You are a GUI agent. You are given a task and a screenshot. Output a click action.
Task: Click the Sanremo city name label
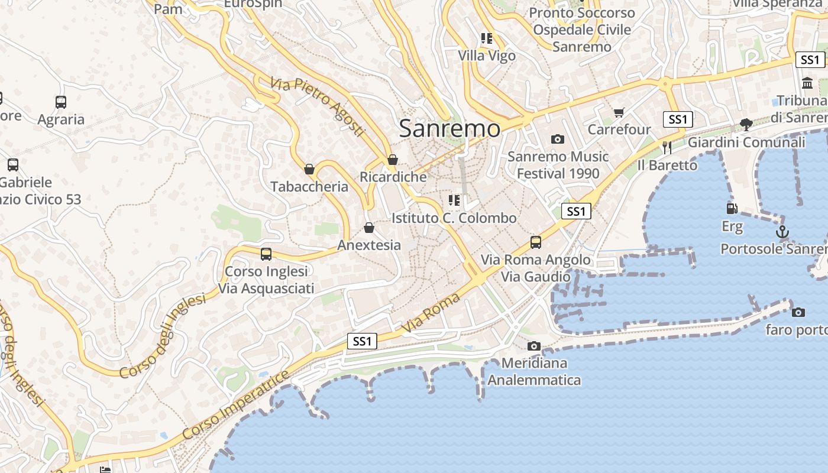[449, 128]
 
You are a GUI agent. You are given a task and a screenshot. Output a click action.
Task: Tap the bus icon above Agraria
[61, 102]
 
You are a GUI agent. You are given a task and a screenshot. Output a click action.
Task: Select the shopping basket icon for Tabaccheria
[309, 170]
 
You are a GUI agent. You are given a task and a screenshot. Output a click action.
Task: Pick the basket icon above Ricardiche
[393, 160]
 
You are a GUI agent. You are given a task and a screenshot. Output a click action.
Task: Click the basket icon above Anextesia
[369, 228]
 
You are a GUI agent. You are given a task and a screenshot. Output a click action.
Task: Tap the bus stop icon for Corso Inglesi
[266, 254]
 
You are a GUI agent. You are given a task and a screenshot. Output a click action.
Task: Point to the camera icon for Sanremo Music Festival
[557, 140]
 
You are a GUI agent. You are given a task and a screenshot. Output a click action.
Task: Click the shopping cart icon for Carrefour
[619, 112]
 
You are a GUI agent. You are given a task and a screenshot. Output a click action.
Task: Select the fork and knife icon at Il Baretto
[667, 147]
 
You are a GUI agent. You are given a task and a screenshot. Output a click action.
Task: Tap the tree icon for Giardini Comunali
[746, 125]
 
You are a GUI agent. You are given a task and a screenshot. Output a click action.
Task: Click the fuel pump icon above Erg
[732, 209]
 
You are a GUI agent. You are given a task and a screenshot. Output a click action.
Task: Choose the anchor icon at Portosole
[782, 232]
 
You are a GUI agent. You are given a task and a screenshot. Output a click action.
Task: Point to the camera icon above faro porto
[798, 312]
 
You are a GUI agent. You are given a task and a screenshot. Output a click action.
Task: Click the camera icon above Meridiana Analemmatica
[534, 346]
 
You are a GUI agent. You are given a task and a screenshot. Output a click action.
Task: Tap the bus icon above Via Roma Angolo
[536, 242]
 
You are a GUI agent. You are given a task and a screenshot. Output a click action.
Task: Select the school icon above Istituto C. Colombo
[454, 200]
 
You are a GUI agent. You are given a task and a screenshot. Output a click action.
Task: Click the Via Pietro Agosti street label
[317, 107]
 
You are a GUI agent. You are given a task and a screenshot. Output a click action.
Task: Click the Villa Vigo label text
[487, 56]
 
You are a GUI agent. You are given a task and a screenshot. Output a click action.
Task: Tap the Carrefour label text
[619, 129]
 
